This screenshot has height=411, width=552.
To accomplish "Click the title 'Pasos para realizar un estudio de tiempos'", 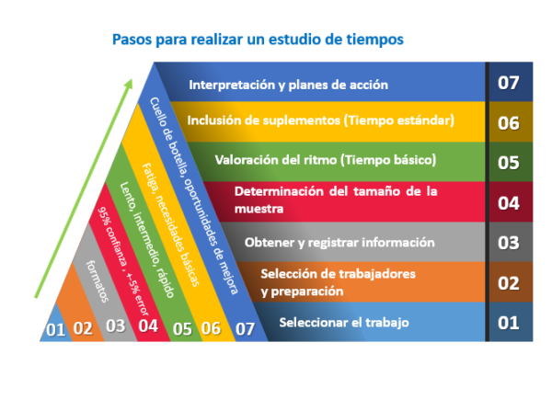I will [x=257, y=40].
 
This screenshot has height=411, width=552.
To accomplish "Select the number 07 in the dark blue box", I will [x=509, y=83].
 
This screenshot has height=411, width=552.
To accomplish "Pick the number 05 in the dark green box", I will [x=509, y=163].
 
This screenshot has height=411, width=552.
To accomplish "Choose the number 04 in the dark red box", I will [x=509, y=202].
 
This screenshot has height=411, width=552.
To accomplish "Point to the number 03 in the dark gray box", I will [x=509, y=243].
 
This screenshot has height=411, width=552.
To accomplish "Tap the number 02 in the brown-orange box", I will [x=509, y=282].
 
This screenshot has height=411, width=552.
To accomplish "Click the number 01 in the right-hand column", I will [x=509, y=323].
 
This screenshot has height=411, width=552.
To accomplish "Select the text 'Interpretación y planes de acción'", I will [x=288, y=85].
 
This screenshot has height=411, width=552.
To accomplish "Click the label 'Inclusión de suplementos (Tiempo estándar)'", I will [x=320, y=120].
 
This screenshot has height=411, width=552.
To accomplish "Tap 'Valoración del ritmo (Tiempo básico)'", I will [x=325, y=160].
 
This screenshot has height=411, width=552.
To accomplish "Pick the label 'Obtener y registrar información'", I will [x=339, y=243].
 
